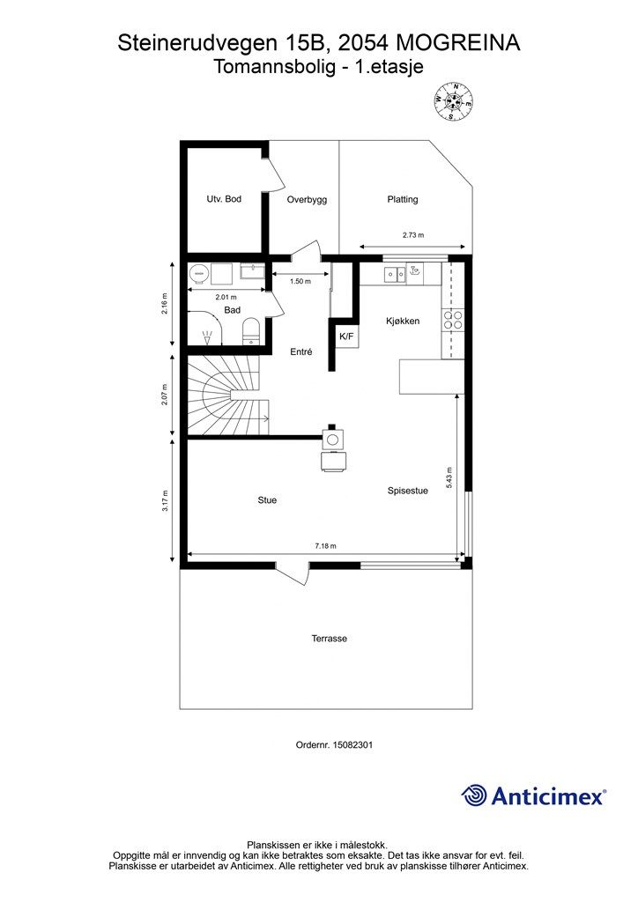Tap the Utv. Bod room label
pos(224,199)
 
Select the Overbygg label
pos(308,200)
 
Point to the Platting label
pos(402,199)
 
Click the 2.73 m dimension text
pos(413,234)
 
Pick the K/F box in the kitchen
pos(347,336)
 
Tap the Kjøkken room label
pos(403,321)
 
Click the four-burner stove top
pos(452,320)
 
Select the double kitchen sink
pos(396,275)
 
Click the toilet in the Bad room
pos(251,332)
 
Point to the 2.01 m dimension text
pos(226,298)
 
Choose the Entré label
pos(300,351)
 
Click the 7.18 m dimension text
pos(326,546)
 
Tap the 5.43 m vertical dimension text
pos(449,478)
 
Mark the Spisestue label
pos(407,491)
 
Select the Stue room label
pos(267,500)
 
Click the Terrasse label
pos(329,639)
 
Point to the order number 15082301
pos(353,744)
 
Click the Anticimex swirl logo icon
pos(473,795)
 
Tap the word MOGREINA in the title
pos(458,42)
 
